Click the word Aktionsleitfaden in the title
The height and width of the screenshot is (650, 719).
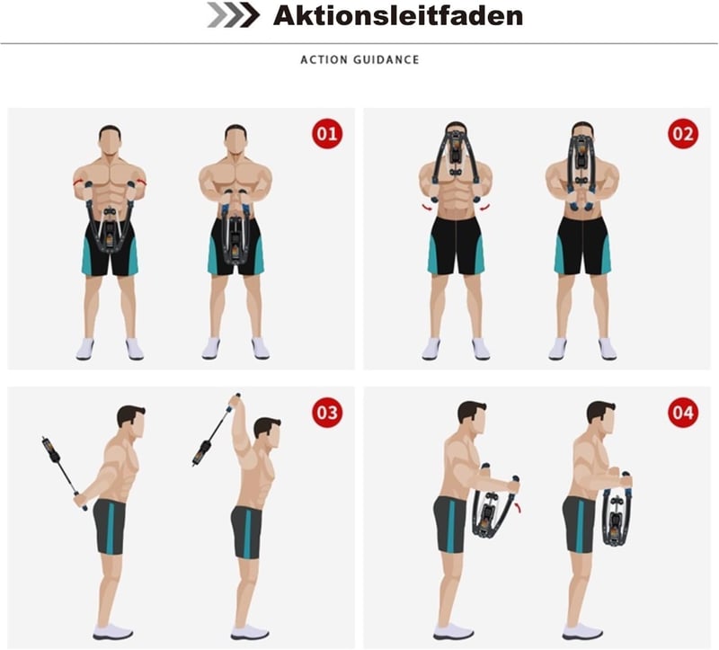398,15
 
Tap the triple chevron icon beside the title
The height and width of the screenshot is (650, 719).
234,14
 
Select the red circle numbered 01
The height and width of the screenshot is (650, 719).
327,133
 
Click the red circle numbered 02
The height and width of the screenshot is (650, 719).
683,133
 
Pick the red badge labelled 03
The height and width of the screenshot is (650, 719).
327,413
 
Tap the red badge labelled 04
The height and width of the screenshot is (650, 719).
683,413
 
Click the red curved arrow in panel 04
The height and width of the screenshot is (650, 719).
519,507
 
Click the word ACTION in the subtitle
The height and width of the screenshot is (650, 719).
324,59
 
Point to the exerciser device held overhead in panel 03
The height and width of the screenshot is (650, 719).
215,431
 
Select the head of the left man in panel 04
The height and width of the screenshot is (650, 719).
473,418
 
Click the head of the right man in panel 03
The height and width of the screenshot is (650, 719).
267,433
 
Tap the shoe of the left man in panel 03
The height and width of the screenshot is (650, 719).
113,632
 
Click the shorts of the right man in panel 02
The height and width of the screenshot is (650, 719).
582,245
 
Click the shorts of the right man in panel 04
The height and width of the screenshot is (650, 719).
579,525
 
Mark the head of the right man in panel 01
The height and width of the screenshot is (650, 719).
235,141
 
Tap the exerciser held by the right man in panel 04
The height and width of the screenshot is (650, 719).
617,509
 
